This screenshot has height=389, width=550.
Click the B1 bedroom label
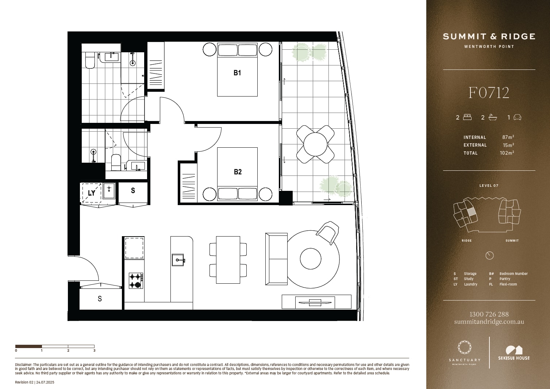(237, 73)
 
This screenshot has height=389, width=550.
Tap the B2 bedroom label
(238, 172)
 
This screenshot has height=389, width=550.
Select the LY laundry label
(92, 193)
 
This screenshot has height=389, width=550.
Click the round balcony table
(315, 144)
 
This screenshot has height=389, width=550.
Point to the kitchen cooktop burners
(136, 280)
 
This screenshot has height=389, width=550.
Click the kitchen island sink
(178, 260)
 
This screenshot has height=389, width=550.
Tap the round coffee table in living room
(311, 259)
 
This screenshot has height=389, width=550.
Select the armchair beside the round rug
(328, 232)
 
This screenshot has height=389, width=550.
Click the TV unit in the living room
(316, 302)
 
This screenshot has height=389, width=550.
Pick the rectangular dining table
(228, 260)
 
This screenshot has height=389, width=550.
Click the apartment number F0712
(489, 93)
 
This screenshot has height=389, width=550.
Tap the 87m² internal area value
(508, 137)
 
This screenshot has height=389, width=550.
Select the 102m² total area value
(507, 153)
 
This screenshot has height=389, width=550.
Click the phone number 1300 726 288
(489, 314)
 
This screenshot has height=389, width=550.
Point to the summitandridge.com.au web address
(489, 322)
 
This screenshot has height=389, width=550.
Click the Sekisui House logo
(514, 353)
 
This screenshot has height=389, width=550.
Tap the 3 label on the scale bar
(94, 351)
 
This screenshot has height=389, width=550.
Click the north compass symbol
(489, 256)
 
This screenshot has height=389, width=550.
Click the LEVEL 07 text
(489, 186)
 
